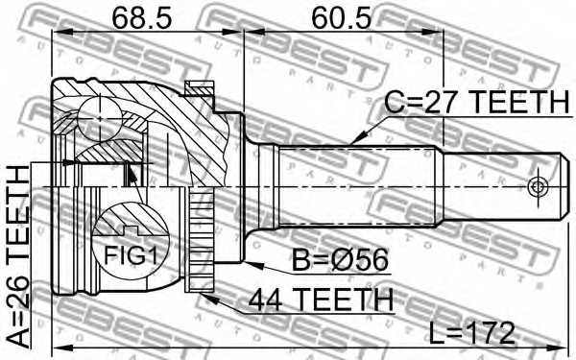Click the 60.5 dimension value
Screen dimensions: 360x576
(337, 16)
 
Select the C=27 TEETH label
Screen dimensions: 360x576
(476, 102)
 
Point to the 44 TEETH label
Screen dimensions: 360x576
(321, 300)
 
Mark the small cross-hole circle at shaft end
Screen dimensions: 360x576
(540, 185)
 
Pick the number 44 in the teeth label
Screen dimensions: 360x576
(269, 300)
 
